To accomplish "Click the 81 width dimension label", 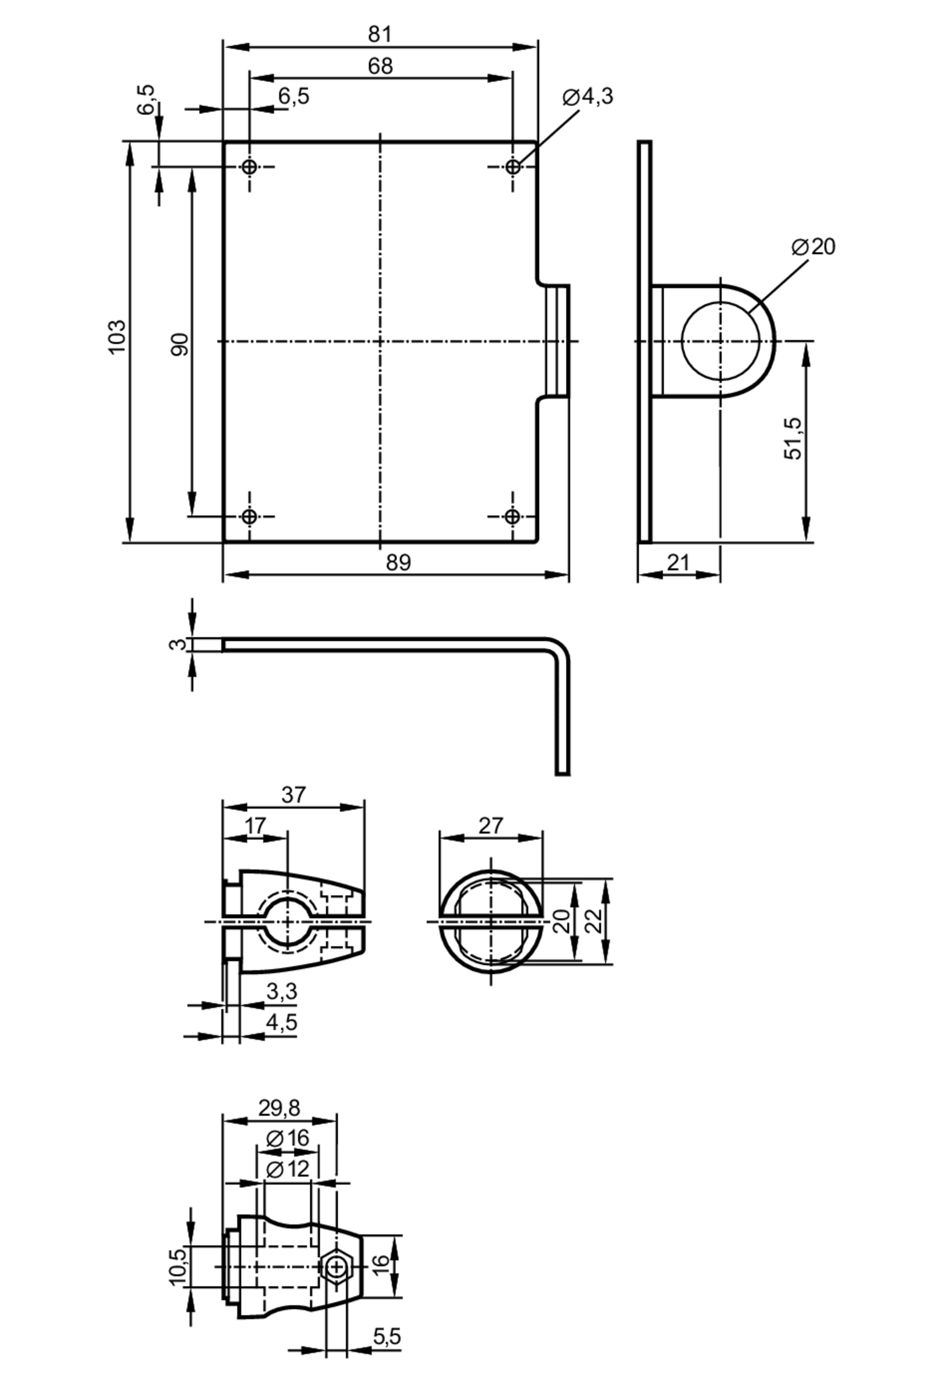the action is pos(380,34).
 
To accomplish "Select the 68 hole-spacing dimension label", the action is pos(380,66).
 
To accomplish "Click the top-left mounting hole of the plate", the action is pos(250,167).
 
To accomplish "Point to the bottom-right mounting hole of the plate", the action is pos(513,516).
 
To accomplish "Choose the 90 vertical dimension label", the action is pos(180,345).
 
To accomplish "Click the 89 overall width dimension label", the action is pos(398,562).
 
